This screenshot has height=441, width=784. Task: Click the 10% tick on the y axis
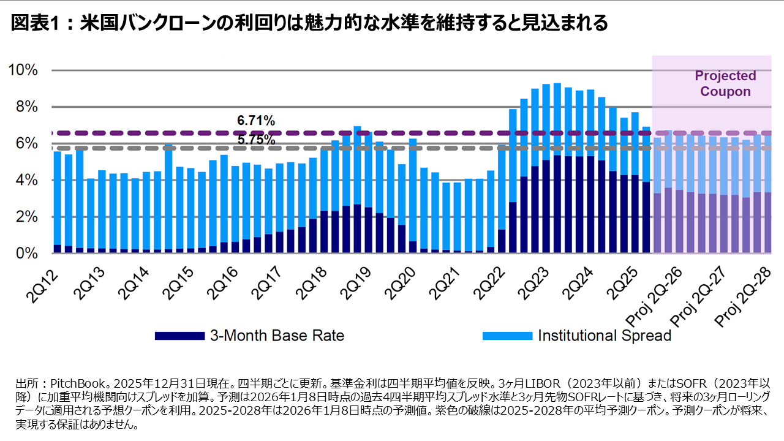[23, 70]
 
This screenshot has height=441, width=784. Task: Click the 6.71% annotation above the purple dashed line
[255, 119]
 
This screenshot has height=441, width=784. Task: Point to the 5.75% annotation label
[255, 139]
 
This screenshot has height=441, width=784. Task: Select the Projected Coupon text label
[725, 84]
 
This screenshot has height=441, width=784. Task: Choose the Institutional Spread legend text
[605, 336]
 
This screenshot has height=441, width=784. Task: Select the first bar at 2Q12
[57, 202]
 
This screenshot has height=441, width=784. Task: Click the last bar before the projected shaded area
[646, 190]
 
